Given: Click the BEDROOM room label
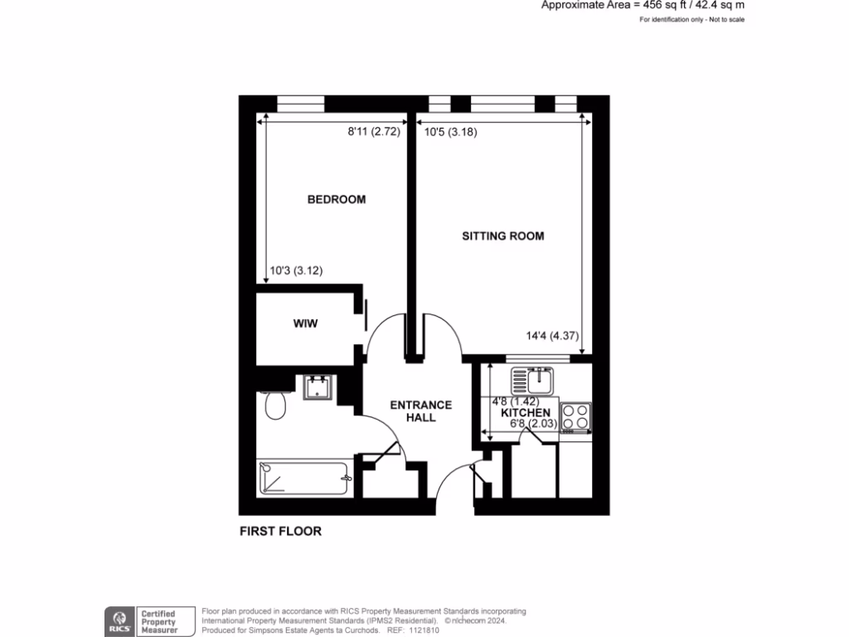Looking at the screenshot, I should (x=336, y=200).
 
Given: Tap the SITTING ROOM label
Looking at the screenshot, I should (x=502, y=236).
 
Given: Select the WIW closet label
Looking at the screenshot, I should (x=305, y=323).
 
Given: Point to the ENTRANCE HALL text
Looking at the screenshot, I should (x=421, y=411).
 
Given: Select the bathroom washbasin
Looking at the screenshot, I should (x=319, y=387).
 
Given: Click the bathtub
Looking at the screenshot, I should (x=302, y=479).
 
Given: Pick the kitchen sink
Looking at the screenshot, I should (x=531, y=381).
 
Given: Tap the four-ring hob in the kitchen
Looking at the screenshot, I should (x=575, y=416).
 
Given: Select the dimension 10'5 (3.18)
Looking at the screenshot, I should (x=450, y=131).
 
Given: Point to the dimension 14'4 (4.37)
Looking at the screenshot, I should (x=551, y=336).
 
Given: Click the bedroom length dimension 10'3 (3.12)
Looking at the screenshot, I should (x=297, y=270).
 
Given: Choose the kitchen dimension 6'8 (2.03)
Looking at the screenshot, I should (x=531, y=425).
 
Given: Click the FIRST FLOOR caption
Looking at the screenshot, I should (x=279, y=531).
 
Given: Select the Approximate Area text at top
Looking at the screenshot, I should (x=643, y=5).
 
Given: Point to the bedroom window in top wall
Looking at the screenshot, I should (x=300, y=104).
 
